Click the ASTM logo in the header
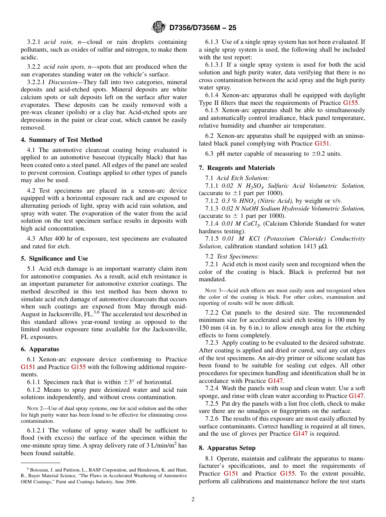point(158,27)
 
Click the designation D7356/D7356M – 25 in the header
point(202,28)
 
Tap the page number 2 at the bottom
point(193,500)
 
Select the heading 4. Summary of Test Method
point(61,140)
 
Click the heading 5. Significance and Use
point(54,258)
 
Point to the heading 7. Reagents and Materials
point(236,168)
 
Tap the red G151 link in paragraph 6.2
point(322,143)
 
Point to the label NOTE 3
point(212,291)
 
